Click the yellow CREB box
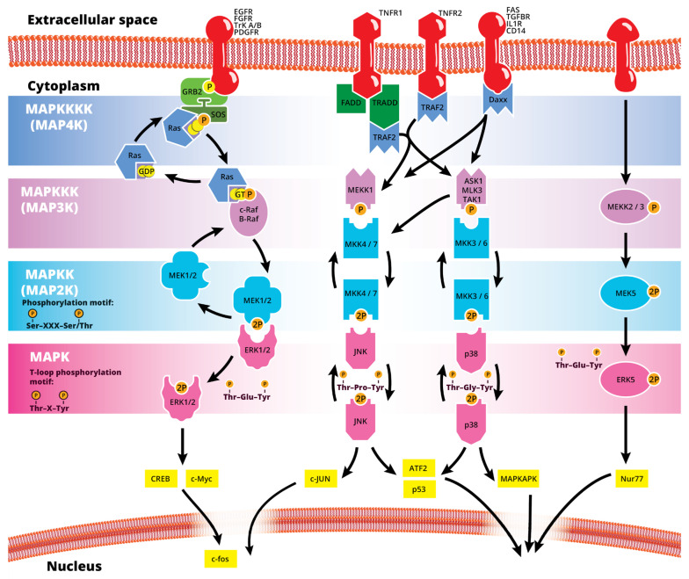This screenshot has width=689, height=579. click(161, 478)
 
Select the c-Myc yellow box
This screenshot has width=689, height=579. click(202, 478)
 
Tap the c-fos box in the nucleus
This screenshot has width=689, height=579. click(220, 559)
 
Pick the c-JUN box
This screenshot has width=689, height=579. click(321, 478)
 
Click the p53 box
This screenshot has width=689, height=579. click(419, 489)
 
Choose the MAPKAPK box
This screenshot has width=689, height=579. click(519, 478)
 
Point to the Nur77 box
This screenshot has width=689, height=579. click(632, 478)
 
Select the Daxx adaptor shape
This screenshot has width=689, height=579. click(497, 100)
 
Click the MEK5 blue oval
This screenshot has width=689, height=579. click(626, 293)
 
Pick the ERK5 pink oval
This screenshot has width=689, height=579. click(626, 380)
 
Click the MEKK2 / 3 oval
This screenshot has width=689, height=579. click(626, 206)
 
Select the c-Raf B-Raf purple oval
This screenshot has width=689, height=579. click(249, 214)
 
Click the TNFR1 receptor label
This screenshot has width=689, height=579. click(390, 13)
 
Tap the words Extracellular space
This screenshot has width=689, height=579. click(92, 19)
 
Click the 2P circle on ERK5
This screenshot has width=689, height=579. click(654, 380)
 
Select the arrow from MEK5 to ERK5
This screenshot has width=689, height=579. click(626, 337)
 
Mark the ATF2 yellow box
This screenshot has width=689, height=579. click(418, 467)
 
